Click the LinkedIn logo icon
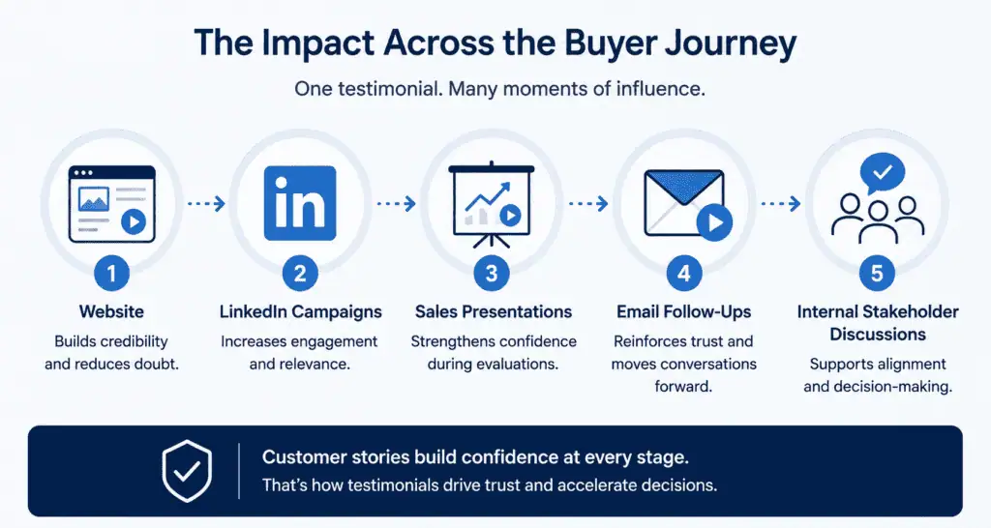300,203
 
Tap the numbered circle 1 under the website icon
112,274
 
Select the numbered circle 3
492,274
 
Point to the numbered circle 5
877,274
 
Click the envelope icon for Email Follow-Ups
684,202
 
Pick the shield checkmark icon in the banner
187,471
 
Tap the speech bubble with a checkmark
883,173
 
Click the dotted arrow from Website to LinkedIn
206,203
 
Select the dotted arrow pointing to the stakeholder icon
781,203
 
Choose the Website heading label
111,311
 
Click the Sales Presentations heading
493,311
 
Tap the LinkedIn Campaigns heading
301,312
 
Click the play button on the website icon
134,221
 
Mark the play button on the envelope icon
715,222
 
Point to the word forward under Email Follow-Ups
683,386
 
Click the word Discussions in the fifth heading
877,334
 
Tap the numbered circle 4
684,274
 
